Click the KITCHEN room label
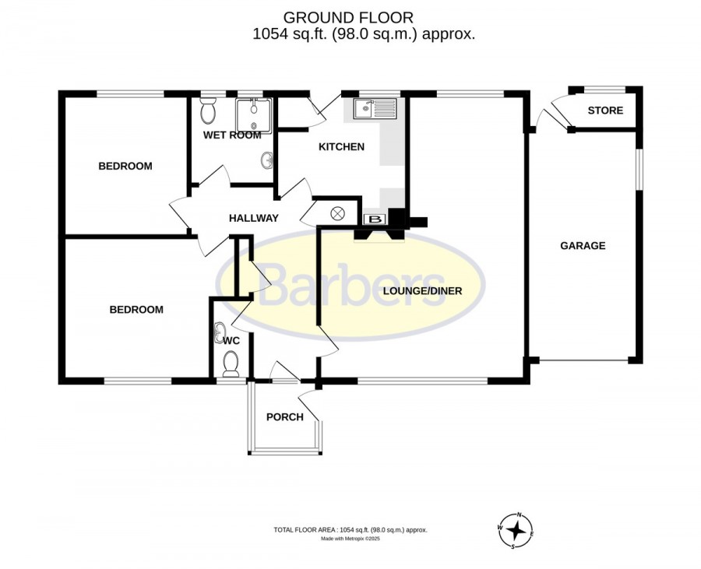click(x=341, y=146)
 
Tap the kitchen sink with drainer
click(x=375, y=108)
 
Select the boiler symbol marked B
click(x=377, y=220)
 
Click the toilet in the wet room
click(x=208, y=110)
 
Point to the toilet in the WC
click(x=231, y=363)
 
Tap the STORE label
click(x=605, y=111)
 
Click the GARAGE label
click(x=583, y=246)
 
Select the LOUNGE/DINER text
click(x=422, y=291)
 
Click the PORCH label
click(x=285, y=417)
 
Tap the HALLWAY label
click(x=253, y=218)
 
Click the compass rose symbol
click(x=516, y=531)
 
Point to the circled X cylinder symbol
click(x=337, y=213)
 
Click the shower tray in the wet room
click(x=253, y=116)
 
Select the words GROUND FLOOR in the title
click(x=348, y=17)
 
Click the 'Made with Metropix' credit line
click(x=350, y=539)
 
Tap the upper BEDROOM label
click(x=125, y=166)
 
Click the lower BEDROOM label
click(x=136, y=310)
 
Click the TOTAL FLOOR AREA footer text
click(x=350, y=530)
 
